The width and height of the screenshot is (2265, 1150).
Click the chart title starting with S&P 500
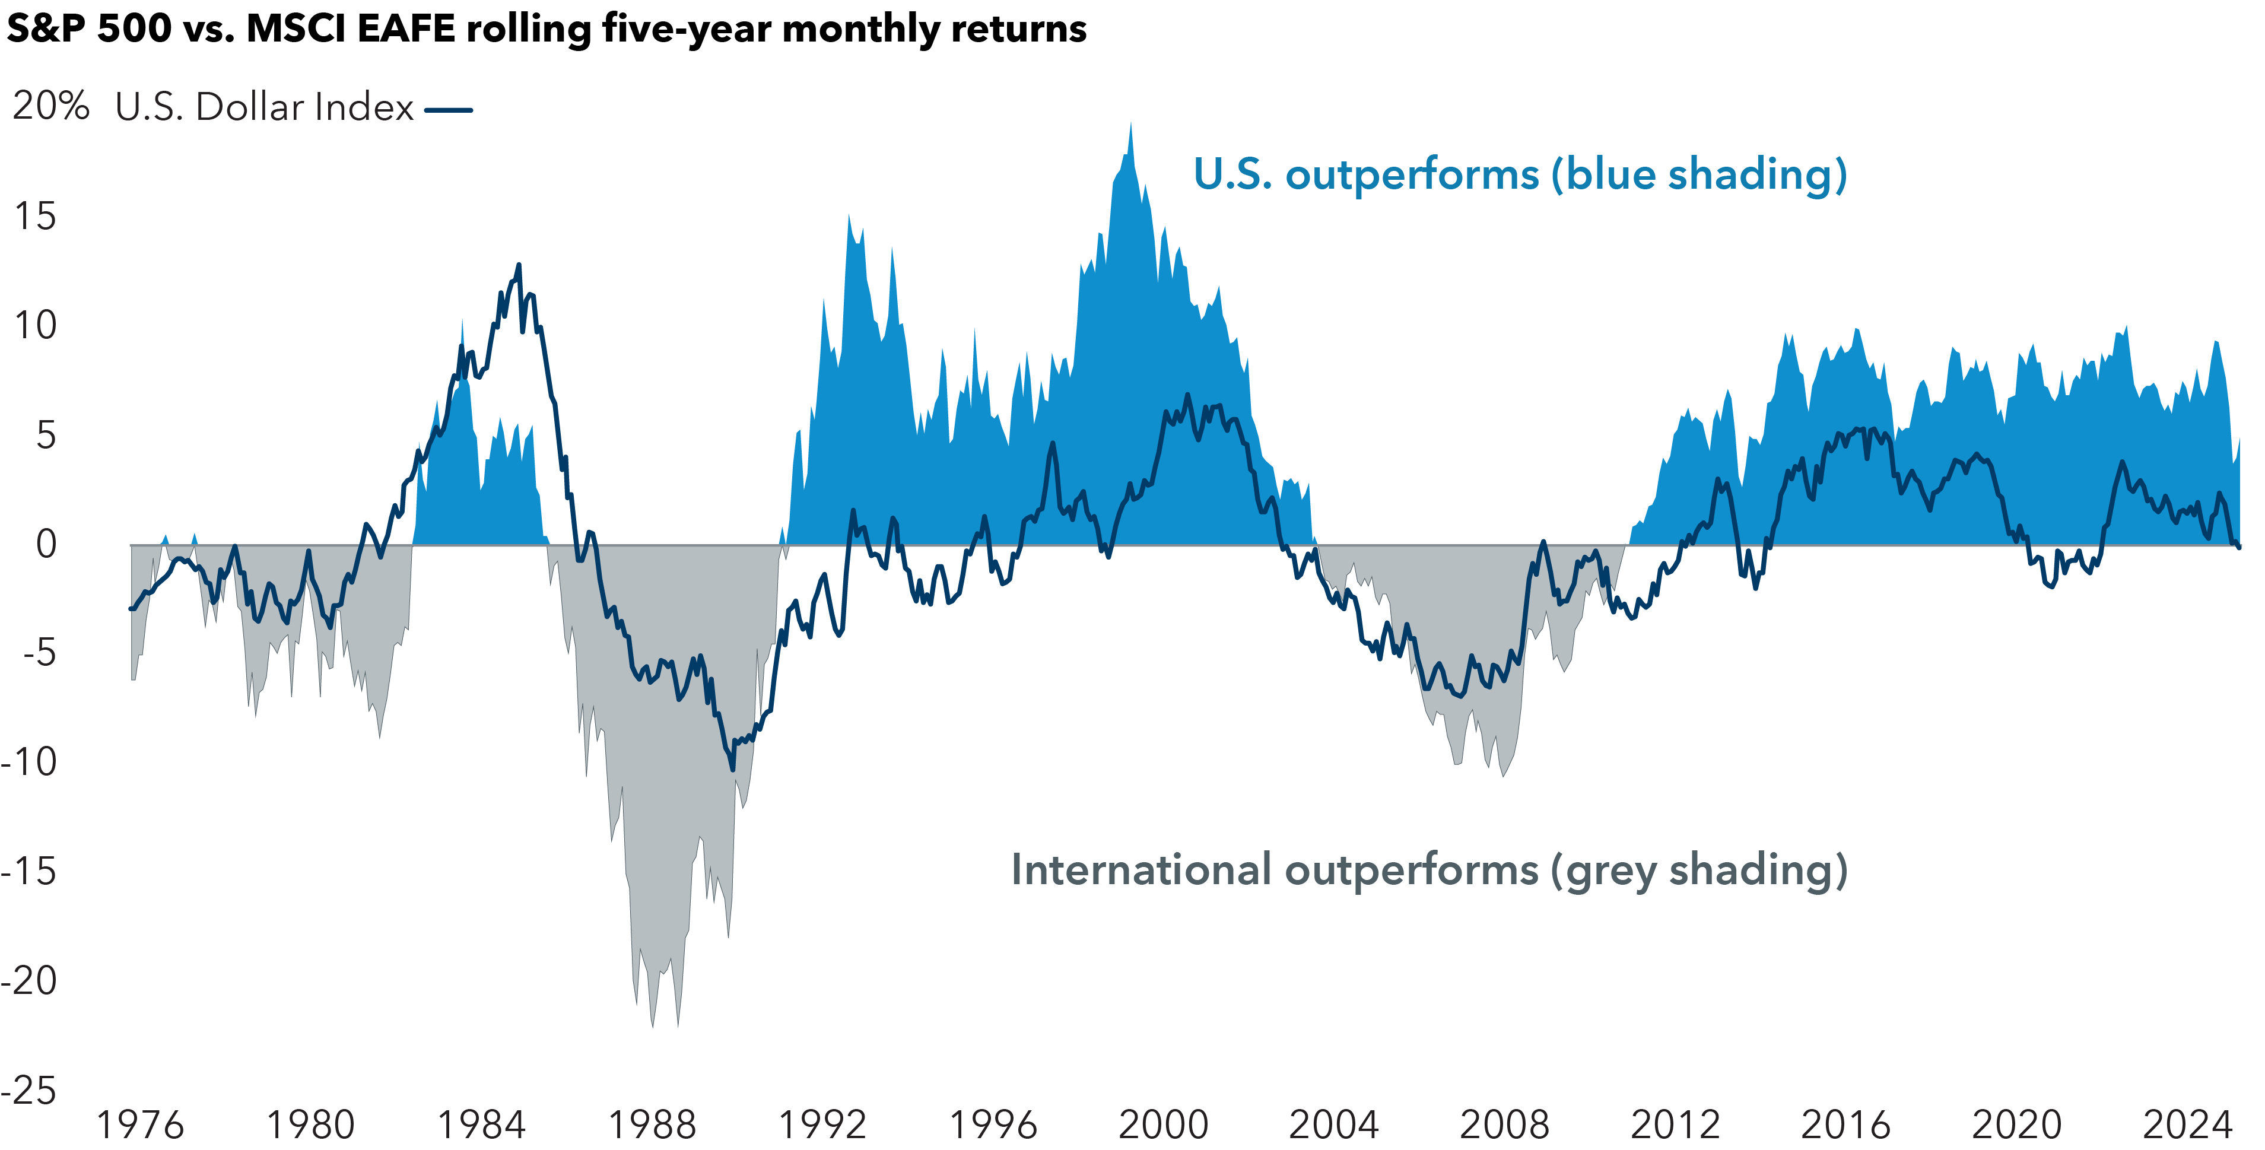coord(545,29)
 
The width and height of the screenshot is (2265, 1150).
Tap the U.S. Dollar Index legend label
coord(264,107)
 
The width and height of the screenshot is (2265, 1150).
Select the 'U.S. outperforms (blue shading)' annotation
coord(1519,174)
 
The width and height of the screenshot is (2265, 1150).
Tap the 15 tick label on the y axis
coord(35,216)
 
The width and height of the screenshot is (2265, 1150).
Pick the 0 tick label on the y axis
coord(46,544)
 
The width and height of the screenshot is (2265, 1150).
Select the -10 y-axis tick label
coord(30,761)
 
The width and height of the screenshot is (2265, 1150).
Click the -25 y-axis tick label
coord(30,1090)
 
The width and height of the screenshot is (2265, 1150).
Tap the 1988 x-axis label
coord(652,1124)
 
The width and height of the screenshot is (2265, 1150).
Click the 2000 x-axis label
coord(1163,1124)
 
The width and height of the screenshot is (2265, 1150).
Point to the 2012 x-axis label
coord(1675,1124)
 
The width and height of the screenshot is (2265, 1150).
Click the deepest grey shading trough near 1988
coord(652,1024)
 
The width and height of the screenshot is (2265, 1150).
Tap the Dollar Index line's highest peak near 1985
coord(519,265)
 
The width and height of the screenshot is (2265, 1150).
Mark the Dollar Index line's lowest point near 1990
coord(732,769)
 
